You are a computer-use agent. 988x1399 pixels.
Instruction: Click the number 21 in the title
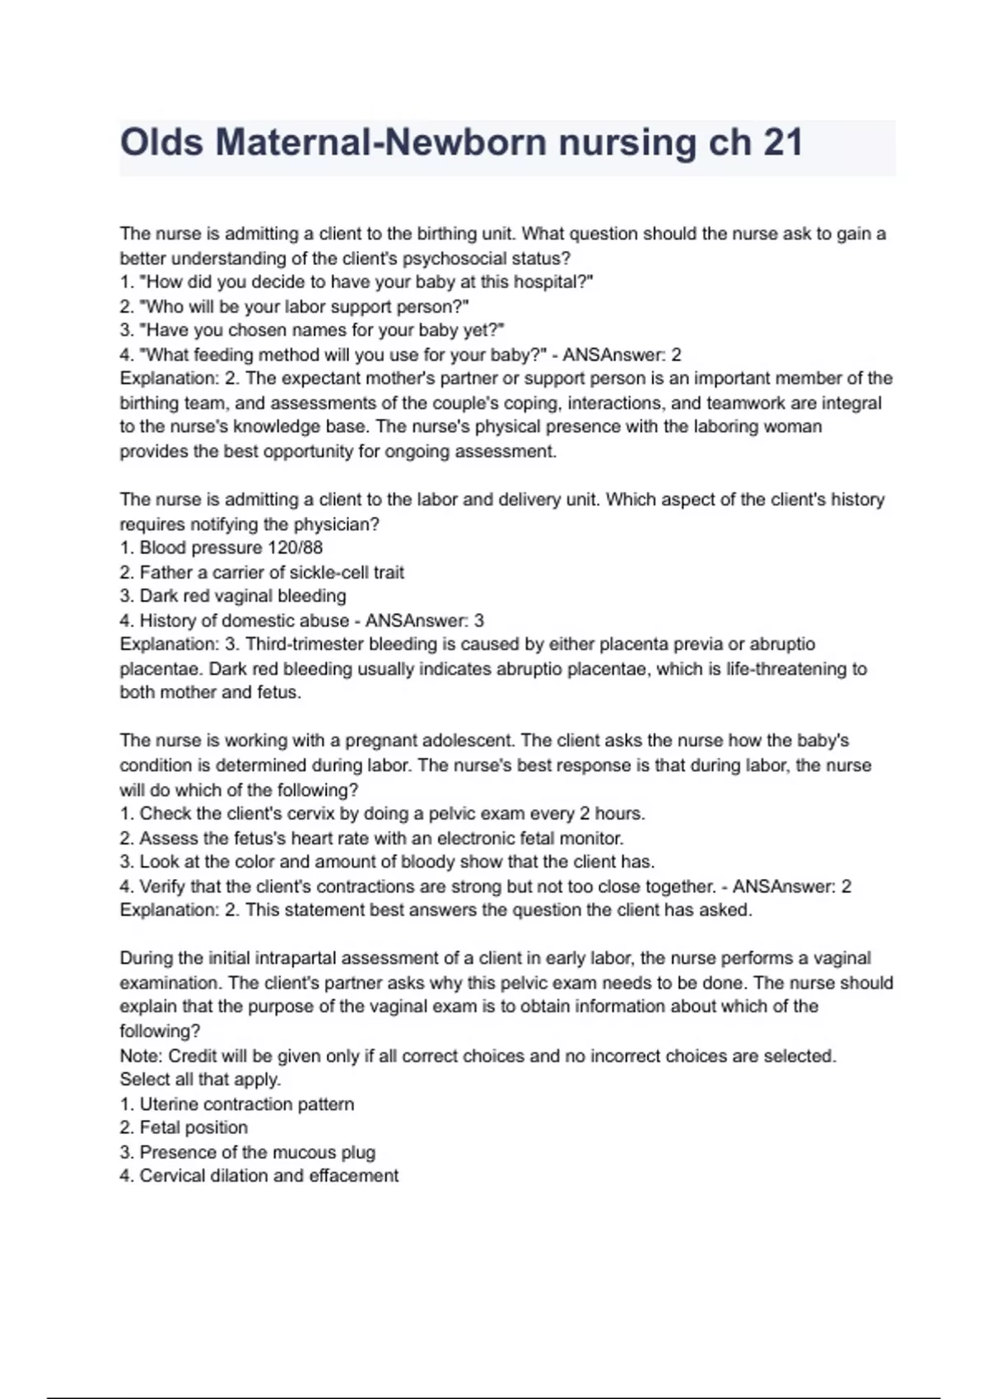click(782, 143)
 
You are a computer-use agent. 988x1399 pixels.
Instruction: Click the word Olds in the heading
click(161, 143)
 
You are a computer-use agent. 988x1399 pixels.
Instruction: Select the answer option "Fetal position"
click(193, 1127)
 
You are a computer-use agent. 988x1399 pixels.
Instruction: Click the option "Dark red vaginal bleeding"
click(242, 596)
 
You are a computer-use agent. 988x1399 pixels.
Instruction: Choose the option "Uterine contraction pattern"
click(246, 1104)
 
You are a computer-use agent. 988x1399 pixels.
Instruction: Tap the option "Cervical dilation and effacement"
click(268, 1176)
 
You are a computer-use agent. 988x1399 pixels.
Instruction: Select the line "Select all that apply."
click(200, 1080)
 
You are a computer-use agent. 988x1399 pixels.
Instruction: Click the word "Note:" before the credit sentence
click(142, 1056)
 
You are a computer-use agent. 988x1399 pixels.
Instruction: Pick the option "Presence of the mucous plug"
click(257, 1152)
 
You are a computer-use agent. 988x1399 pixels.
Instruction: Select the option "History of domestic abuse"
click(244, 620)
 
